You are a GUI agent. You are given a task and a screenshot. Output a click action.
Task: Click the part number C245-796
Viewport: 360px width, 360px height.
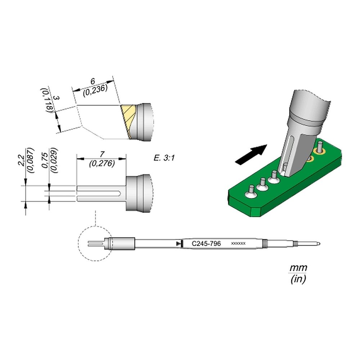pyautogui.click(x=206, y=243)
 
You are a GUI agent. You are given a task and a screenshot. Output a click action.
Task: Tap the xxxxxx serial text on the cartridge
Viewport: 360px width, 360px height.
pyautogui.click(x=238, y=243)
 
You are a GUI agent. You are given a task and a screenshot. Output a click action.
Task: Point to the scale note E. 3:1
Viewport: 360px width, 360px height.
pyautogui.click(x=164, y=158)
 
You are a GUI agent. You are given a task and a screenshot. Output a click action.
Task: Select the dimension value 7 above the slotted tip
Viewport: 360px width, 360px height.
pyautogui.click(x=102, y=154)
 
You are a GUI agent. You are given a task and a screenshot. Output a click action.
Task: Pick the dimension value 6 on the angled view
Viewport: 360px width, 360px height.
pyautogui.click(x=93, y=81)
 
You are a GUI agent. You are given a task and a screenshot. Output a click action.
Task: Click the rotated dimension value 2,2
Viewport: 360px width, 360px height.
pyautogui.click(x=21, y=161)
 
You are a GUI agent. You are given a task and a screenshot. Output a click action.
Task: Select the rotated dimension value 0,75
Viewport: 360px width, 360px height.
pyautogui.click(x=45, y=160)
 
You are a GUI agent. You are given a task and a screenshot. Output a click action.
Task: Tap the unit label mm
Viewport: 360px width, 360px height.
pyautogui.click(x=298, y=268)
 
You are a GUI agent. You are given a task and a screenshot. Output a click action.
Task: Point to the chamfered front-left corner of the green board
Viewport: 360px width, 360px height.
pyautogui.click(x=255, y=212)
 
